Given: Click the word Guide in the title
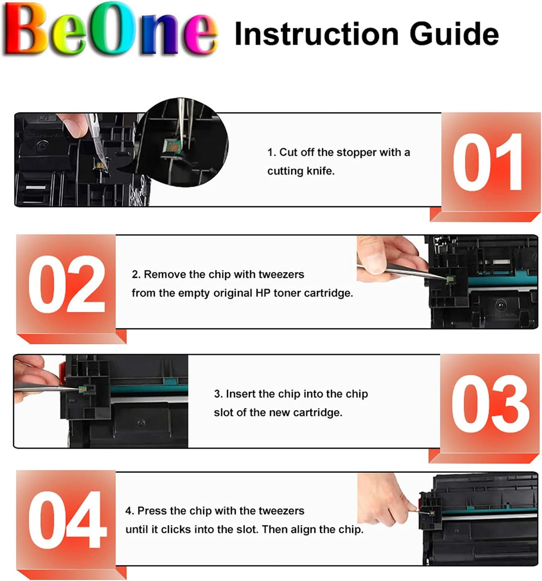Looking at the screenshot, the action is tap(454, 34).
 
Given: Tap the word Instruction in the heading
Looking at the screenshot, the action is tap(317, 34).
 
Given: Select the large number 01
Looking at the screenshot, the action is tap(487, 162).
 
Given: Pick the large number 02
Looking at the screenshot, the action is tap(67, 284).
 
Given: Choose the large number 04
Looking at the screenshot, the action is tap(67, 519).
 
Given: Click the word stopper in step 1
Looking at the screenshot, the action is tap(356, 153).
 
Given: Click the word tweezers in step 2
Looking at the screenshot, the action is tap(281, 274).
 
